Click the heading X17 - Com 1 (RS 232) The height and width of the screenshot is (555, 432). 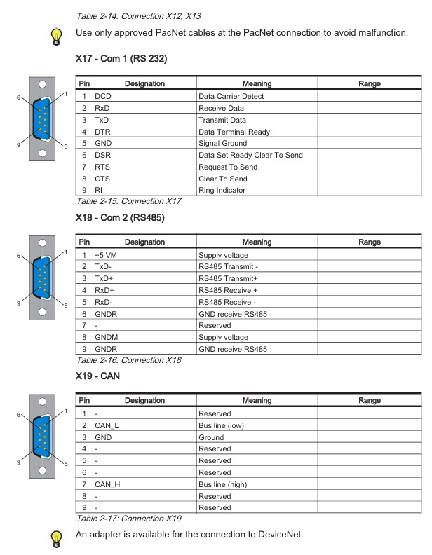pyautogui.click(x=121, y=58)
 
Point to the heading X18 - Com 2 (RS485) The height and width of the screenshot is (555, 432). pyautogui.click(x=120, y=218)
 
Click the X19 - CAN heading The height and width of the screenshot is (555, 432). pyautogui.click(x=97, y=376)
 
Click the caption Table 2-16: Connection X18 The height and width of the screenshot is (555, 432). pyautogui.click(x=128, y=360)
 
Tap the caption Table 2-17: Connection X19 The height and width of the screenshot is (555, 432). pyautogui.click(x=128, y=519)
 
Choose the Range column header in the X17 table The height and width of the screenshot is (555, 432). pyautogui.click(x=369, y=84)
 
